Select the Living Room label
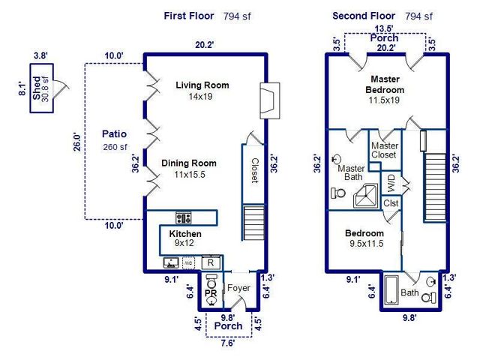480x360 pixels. [x=202, y=85]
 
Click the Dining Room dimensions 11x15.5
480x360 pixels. [x=190, y=174]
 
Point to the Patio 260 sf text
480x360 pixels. [x=116, y=147]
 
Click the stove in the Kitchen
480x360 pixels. [x=183, y=218]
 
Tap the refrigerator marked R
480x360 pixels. [x=212, y=262]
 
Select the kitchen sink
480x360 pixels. [x=171, y=263]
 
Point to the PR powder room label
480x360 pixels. [x=211, y=294]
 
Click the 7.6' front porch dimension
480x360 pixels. [x=229, y=343]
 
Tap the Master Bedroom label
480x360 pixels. [x=385, y=84]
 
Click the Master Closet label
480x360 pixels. [x=385, y=150]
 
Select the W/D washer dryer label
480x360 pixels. [x=391, y=181]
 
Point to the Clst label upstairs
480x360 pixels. [x=391, y=203]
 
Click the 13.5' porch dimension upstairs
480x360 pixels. [x=384, y=29]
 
